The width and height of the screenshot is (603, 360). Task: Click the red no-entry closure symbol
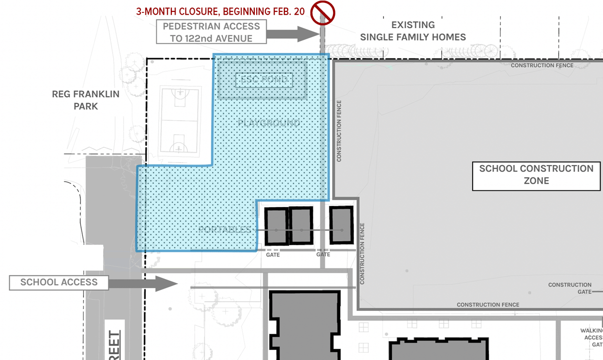tap(322, 13)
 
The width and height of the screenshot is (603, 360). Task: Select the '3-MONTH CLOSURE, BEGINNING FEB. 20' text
tap(220, 11)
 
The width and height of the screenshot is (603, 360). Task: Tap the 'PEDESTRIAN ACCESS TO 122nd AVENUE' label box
tap(211, 32)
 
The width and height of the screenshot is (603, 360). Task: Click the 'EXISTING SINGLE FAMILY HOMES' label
tap(413, 31)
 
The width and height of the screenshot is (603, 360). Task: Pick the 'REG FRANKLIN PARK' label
tap(86, 100)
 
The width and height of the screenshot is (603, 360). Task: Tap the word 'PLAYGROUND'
tap(269, 123)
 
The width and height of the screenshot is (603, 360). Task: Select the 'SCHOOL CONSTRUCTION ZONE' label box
tap(536, 175)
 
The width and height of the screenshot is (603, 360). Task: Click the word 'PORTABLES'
tap(224, 230)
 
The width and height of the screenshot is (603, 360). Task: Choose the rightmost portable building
tap(342, 226)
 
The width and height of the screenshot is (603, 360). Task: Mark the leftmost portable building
tap(276, 226)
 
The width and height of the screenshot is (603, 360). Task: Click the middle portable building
tap(301, 226)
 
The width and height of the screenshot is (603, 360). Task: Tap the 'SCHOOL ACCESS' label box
tap(59, 282)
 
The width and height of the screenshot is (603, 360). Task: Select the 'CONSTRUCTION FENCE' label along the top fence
tap(542, 65)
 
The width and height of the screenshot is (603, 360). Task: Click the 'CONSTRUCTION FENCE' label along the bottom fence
tap(488, 305)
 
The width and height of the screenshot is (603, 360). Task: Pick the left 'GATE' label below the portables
tap(273, 255)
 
